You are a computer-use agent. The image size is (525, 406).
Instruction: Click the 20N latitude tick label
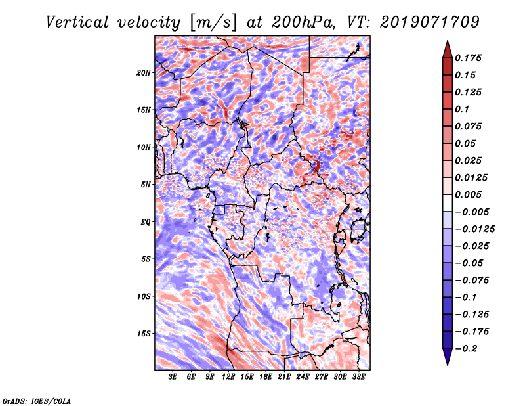[x=144, y=72]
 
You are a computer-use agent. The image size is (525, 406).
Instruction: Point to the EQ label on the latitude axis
[x=145, y=222]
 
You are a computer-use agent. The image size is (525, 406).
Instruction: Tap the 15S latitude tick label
[x=144, y=334]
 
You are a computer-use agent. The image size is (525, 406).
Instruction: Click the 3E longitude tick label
[x=173, y=377]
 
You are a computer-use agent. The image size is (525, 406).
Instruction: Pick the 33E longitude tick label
[x=358, y=377]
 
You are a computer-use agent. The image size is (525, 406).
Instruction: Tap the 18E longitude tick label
[x=266, y=377]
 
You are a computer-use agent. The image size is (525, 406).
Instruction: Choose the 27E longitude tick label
[x=322, y=377]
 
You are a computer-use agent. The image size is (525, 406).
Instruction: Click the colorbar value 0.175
[x=471, y=58]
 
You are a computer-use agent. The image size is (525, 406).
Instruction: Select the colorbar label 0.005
[x=471, y=194]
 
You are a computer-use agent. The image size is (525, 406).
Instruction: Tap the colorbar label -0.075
[x=476, y=280]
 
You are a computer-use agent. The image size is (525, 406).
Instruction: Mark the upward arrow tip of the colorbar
[x=446, y=43]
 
